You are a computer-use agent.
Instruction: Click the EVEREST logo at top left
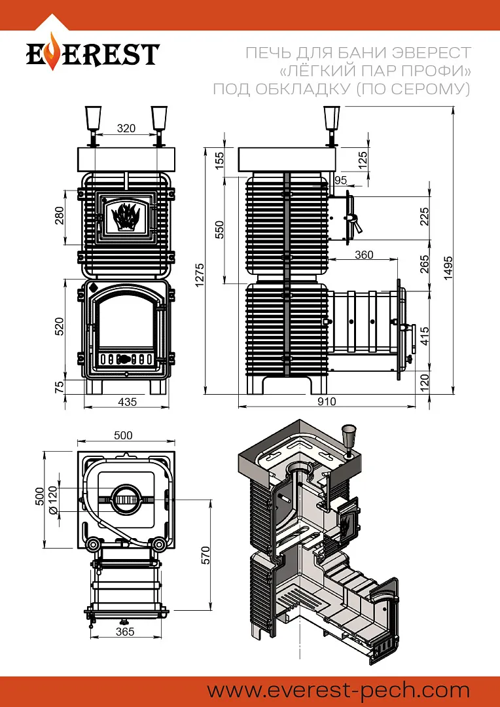pyautogui.click(x=92, y=54)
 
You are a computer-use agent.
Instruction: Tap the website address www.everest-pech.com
pyautogui.click(x=338, y=690)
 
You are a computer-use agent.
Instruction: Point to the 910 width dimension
pyautogui.click(x=327, y=401)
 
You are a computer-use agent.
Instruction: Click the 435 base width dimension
pyautogui.click(x=128, y=402)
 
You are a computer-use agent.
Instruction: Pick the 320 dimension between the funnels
pyautogui.click(x=126, y=128)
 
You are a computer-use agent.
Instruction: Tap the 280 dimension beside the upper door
pyautogui.click(x=60, y=215)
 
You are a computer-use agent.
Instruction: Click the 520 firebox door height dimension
pyautogui.click(x=60, y=326)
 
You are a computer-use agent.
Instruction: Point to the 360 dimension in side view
pyautogui.click(x=363, y=255)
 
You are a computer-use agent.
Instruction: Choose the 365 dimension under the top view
pyautogui.click(x=124, y=632)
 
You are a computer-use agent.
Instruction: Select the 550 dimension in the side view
pyautogui.click(x=220, y=229)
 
